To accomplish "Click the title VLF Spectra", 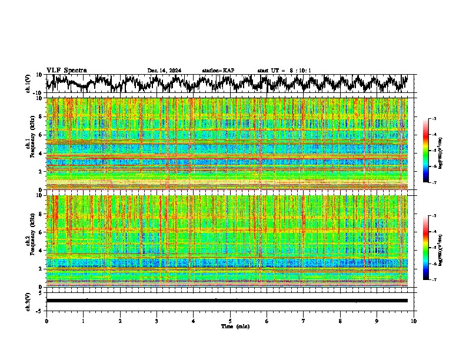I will tap(66, 71).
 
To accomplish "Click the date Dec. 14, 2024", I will tap(164, 71).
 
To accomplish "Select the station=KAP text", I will tap(218, 71).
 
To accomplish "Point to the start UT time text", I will tap(284, 71).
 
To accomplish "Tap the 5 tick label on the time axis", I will tap(230, 321).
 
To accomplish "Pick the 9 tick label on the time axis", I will tap(377, 321).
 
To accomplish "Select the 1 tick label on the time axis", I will tap(83, 321).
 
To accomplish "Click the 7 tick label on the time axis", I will tap(304, 321).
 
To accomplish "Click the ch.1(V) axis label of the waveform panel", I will tap(28, 84).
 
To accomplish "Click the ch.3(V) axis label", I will tap(28, 301).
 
